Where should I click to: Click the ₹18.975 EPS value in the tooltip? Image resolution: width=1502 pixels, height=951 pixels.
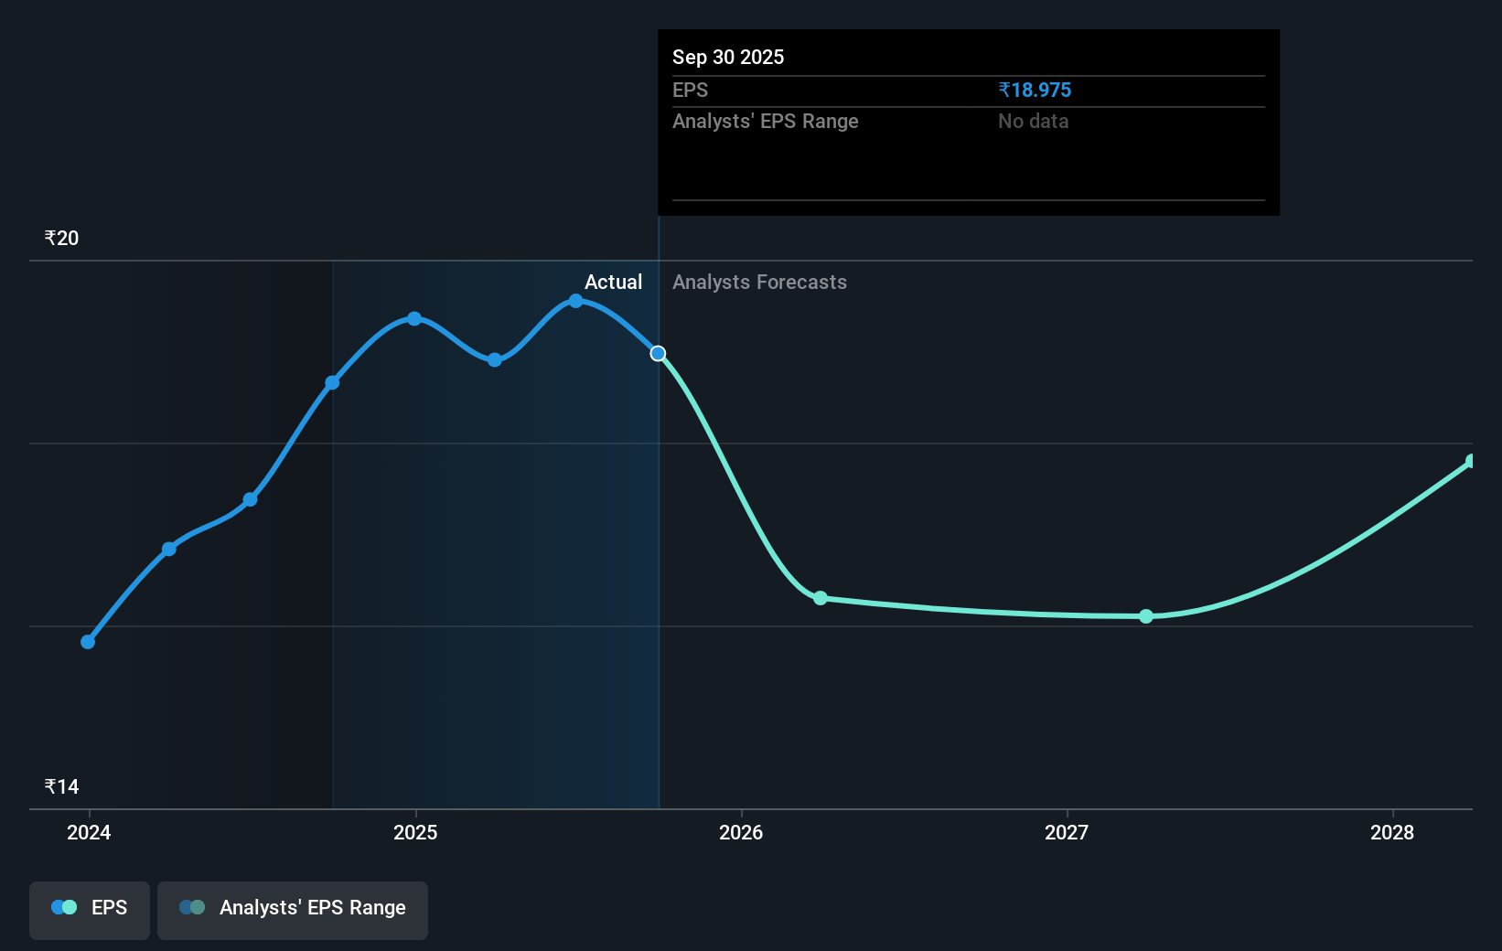coord(1035,90)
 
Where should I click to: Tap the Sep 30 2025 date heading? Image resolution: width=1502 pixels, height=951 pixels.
coord(728,57)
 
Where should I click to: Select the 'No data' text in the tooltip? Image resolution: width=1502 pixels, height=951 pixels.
coord(1033,121)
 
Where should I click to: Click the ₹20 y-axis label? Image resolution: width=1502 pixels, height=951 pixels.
coord(61,238)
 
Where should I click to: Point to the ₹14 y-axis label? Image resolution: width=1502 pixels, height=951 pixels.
coord(61,786)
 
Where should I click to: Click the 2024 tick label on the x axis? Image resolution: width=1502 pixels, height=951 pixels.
coord(89,832)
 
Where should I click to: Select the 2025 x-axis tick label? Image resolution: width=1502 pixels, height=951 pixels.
coord(415,832)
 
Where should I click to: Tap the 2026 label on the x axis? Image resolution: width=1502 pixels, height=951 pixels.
coord(741,832)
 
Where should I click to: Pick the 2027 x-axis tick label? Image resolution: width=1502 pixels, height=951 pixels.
coord(1067,832)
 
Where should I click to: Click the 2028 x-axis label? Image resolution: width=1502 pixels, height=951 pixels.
coord(1392,832)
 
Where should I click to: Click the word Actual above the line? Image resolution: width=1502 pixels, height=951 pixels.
coord(613,282)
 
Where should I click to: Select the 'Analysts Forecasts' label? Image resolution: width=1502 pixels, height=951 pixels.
coord(759,282)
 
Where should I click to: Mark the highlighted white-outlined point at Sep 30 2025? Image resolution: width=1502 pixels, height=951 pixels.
coord(658,353)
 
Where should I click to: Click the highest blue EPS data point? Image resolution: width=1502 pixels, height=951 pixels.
coord(575,301)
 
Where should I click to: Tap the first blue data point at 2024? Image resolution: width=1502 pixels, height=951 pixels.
coord(88,642)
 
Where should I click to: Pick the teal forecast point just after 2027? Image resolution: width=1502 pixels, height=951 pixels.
coord(1146,616)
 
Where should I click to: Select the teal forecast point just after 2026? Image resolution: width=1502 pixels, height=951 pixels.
coord(821,598)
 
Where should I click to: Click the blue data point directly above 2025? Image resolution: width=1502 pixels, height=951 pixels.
coord(414,318)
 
